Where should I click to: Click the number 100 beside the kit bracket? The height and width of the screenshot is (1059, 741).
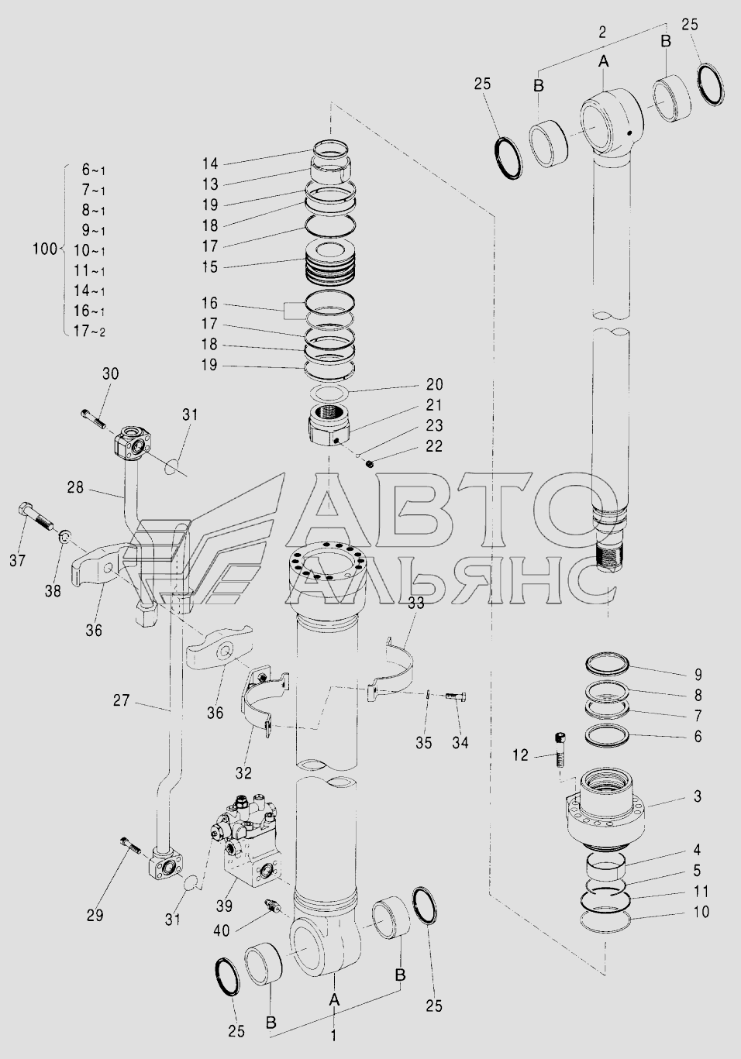pyautogui.click(x=45, y=249)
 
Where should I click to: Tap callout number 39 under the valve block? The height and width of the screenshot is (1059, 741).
pyautogui.click(x=224, y=906)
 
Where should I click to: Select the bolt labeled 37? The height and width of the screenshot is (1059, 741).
pyautogui.click(x=36, y=518)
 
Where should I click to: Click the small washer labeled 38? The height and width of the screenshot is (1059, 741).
pyautogui.click(x=64, y=536)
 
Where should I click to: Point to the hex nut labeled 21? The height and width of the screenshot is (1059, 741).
pyautogui.click(x=330, y=424)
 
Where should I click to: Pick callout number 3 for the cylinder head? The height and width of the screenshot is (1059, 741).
pyautogui.click(x=698, y=796)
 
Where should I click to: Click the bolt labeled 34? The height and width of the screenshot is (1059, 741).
pyautogui.click(x=456, y=696)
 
